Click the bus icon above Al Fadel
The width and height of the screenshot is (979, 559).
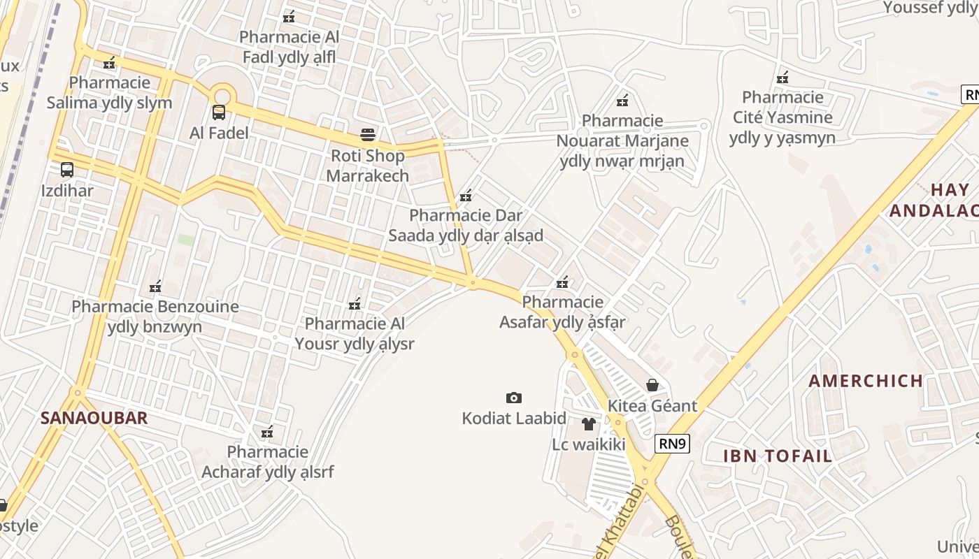219,112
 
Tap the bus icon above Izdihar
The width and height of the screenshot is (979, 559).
67,170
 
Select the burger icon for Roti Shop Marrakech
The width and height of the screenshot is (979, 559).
368,135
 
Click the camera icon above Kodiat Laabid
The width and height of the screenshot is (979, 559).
514,398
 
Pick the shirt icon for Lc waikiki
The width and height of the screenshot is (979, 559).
588,423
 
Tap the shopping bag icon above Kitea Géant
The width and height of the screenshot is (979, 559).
652,385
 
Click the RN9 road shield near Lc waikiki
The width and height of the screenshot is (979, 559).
673,443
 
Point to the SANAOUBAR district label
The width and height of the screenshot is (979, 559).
94,418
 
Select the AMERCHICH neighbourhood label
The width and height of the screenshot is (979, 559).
866,381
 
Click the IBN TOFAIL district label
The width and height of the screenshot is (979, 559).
778,456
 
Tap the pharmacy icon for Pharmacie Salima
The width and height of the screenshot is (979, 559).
109,63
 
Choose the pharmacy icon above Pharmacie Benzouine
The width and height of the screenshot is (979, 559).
155,286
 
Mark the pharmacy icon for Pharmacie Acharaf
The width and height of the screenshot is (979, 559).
267,432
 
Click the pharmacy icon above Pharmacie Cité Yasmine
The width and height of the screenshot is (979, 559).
783,77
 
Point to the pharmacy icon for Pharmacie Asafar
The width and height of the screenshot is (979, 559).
562,282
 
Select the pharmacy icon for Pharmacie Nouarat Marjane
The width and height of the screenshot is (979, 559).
622,101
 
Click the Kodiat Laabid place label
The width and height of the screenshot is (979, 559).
514,419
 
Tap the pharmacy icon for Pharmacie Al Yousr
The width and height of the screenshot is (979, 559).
355,303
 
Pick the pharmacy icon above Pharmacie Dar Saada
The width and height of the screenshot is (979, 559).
466,196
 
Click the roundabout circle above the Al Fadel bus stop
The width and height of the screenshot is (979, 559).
222,96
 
